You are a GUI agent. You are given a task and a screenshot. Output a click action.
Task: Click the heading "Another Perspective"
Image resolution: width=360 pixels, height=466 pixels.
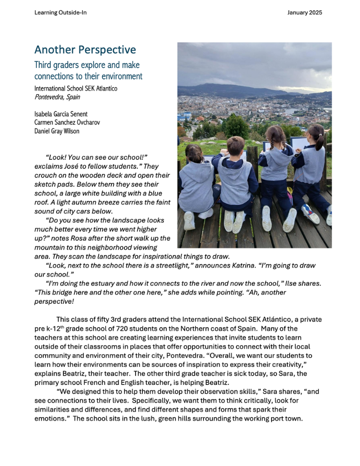click(85, 50)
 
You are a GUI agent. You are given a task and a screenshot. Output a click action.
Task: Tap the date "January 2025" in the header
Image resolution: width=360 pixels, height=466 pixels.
click(306, 13)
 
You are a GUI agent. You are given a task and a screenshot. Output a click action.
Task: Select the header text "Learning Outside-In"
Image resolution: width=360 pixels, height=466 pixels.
click(61, 13)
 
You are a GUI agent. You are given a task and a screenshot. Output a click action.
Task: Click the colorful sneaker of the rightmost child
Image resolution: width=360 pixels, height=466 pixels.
click(310, 214)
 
